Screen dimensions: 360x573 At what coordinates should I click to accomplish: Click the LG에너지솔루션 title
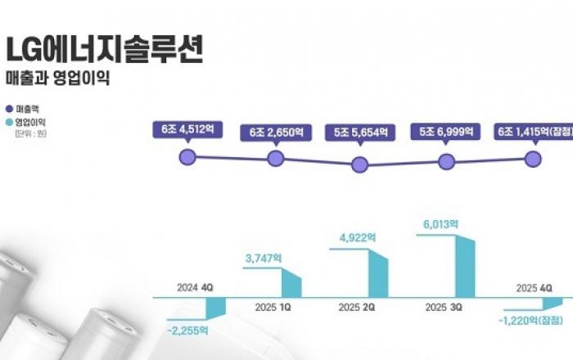[104, 48]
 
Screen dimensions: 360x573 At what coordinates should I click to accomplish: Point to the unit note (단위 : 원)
[30, 133]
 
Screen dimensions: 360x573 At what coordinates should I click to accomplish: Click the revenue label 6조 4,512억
[187, 129]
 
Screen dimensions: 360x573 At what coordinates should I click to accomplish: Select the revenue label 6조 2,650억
[276, 133]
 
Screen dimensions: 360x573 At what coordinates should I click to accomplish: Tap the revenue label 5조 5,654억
[360, 133]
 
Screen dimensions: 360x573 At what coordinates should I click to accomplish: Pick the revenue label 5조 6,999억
[447, 133]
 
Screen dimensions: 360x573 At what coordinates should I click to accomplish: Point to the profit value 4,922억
[357, 237]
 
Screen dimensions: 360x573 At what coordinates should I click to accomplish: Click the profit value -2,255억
[187, 331]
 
